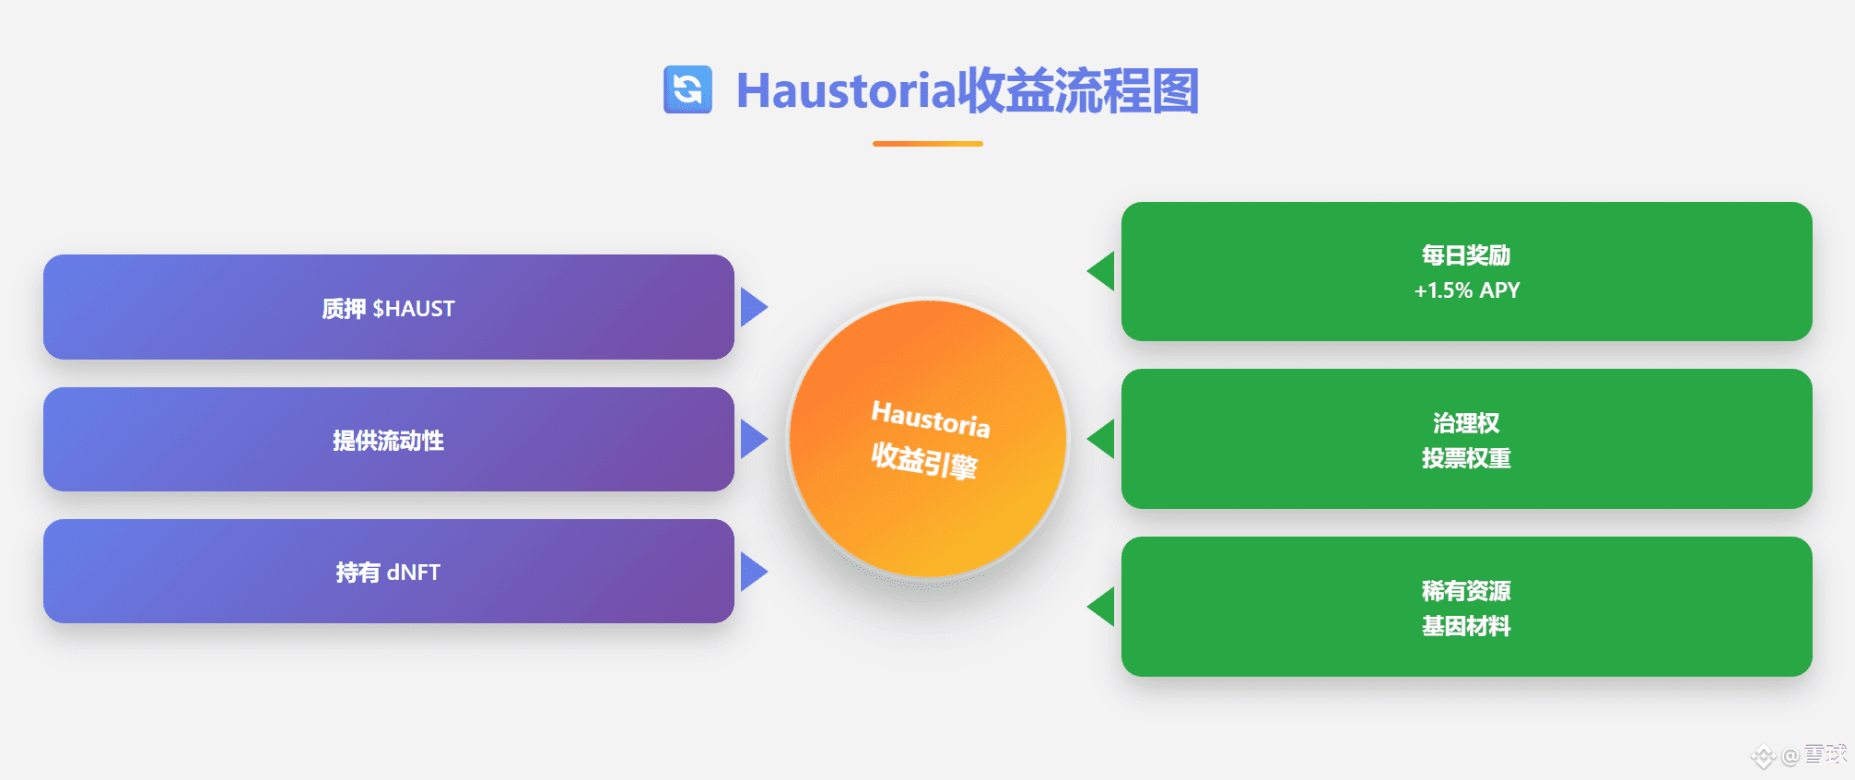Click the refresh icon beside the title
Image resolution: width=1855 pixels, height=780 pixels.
pyautogui.click(x=687, y=89)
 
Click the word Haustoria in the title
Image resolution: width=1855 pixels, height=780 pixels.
pyautogui.click(x=846, y=91)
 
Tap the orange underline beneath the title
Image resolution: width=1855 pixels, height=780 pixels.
pyautogui.click(x=927, y=144)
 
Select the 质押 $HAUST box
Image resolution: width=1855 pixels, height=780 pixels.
pyautogui.click(x=389, y=307)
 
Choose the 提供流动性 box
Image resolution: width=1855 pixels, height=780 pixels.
pyautogui.click(x=389, y=439)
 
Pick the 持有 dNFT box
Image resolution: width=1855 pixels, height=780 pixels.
pyautogui.click(x=389, y=571)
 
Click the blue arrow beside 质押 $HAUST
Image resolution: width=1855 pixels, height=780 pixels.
pyautogui.click(x=754, y=307)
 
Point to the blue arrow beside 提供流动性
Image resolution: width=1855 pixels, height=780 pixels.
pyautogui.click(x=754, y=439)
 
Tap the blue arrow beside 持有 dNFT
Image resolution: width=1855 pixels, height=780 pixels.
pyautogui.click(x=754, y=572)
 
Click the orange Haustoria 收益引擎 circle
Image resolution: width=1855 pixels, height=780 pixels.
pyautogui.click(x=928, y=439)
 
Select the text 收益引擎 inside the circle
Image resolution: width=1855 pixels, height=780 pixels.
pyautogui.click(x=924, y=459)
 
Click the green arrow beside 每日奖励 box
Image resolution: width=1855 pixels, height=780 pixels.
pyautogui.click(x=1101, y=271)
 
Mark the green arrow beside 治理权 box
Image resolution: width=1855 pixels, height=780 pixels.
pyautogui.click(x=1101, y=439)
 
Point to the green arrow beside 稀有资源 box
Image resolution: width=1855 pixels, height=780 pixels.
pyautogui.click(x=1101, y=607)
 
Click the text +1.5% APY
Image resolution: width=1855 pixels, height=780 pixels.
pyautogui.click(x=1467, y=290)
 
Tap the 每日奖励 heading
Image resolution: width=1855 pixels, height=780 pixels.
pyautogui.click(x=1466, y=255)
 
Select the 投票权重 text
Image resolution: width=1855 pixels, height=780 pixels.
pyautogui.click(x=1466, y=458)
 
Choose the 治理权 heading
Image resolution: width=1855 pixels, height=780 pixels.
pyautogui.click(x=1466, y=423)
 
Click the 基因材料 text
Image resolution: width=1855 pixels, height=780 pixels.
pyautogui.click(x=1466, y=626)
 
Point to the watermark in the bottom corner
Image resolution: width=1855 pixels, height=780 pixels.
pyautogui.click(x=1800, y=756)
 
